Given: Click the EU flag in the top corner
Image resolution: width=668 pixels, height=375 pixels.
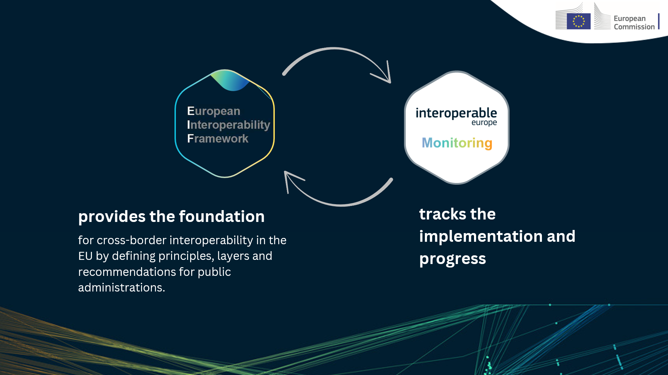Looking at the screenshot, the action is pos(578,21).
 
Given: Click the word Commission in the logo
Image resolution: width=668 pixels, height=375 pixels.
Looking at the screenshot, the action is pos(634,27).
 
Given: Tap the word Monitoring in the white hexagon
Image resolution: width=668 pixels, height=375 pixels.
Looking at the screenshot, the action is pos(457,143).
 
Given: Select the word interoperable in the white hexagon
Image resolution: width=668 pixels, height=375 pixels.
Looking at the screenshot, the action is pos(456,113).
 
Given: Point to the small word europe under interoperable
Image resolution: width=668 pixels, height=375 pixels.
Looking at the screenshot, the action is pos(484,123).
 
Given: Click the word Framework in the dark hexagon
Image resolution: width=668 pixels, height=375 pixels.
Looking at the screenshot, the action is pos(218,138).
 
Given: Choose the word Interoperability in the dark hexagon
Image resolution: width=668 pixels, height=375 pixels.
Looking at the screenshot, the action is pos(228,125).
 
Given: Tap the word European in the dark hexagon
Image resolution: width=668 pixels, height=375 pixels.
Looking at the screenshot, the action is pos(213,111).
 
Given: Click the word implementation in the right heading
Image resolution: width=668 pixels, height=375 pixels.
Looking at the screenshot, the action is pos(481,237).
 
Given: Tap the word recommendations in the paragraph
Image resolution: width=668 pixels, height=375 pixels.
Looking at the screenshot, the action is pos(126,272).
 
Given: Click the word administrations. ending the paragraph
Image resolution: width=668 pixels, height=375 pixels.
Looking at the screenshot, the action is pos(122,288).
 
